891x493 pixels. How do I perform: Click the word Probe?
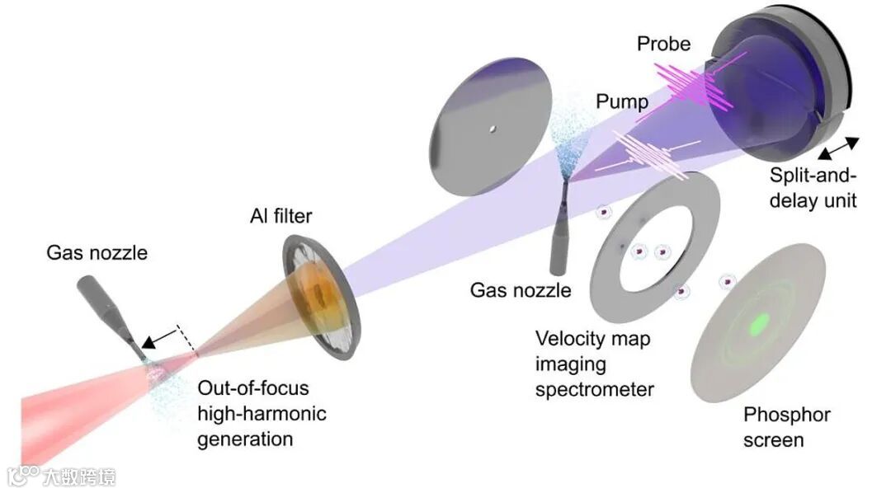click(x=662, y=44)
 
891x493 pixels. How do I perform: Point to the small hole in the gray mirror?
click(x=491, y=128)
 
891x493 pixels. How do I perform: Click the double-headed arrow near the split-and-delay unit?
click(x=838, y=149)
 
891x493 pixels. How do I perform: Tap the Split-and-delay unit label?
click(x=813, y=187)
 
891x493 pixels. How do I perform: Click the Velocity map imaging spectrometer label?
click(x=594, y=363)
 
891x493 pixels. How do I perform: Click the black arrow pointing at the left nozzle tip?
click(x=160, y=336)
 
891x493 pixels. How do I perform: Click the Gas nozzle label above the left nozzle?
click(x=97, y=252)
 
